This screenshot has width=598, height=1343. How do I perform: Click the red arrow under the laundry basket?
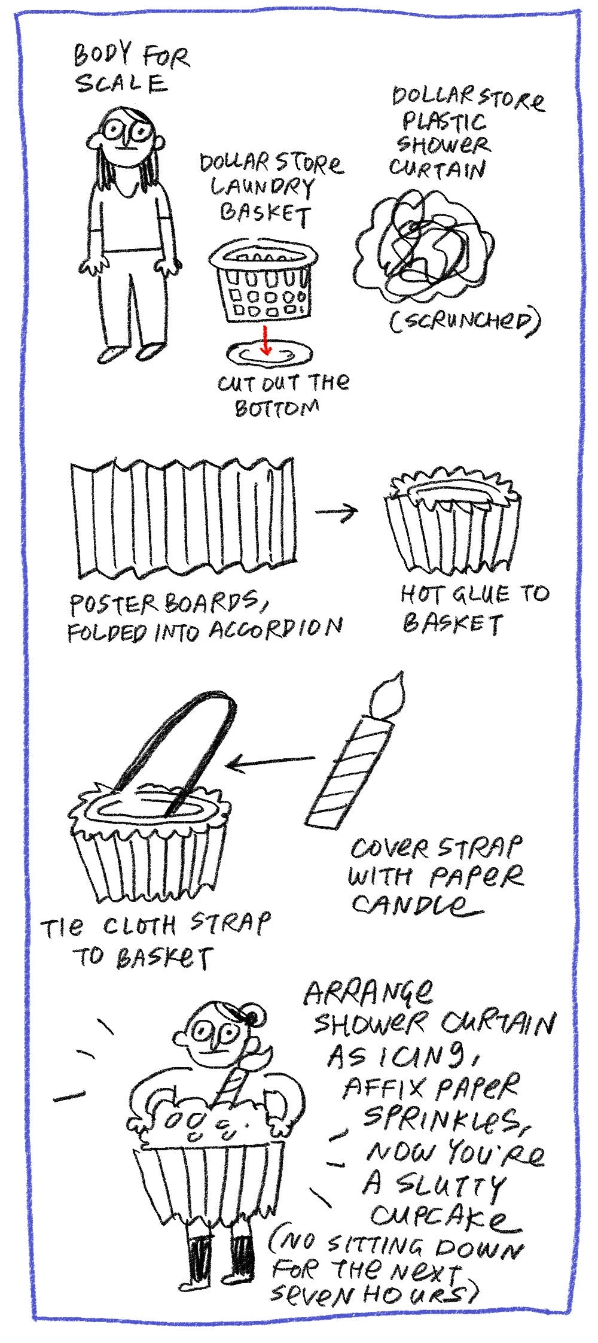(x=266, y=341)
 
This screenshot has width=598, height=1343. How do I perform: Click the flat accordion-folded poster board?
(x=182, y=518)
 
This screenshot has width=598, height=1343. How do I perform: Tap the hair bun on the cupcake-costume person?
(x=254, y=1016)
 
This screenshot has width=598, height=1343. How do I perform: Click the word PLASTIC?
(x=443, y=123)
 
